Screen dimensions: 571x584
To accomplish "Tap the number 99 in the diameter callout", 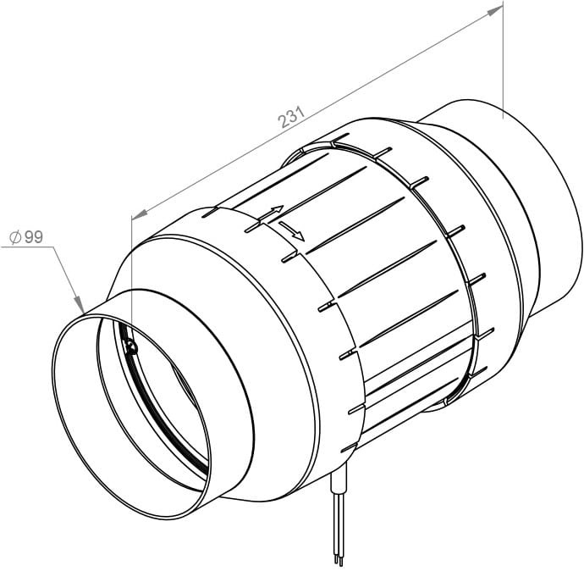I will [33, 237].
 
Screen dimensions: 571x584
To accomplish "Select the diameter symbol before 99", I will [15, 238].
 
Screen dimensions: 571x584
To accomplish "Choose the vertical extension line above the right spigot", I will [503, 59].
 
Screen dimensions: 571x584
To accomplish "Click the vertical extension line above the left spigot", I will [132, 254].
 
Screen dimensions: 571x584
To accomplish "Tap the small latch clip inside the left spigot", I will [128, 345].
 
